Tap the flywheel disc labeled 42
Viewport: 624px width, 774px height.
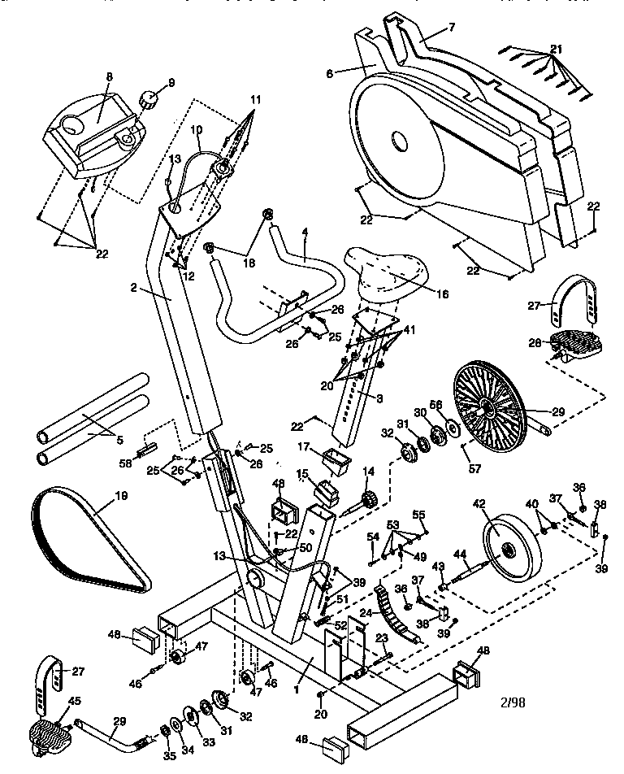[513, 550]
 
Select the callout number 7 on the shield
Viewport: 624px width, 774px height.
[451, 27]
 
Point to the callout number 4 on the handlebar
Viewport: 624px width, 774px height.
[304, 232]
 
